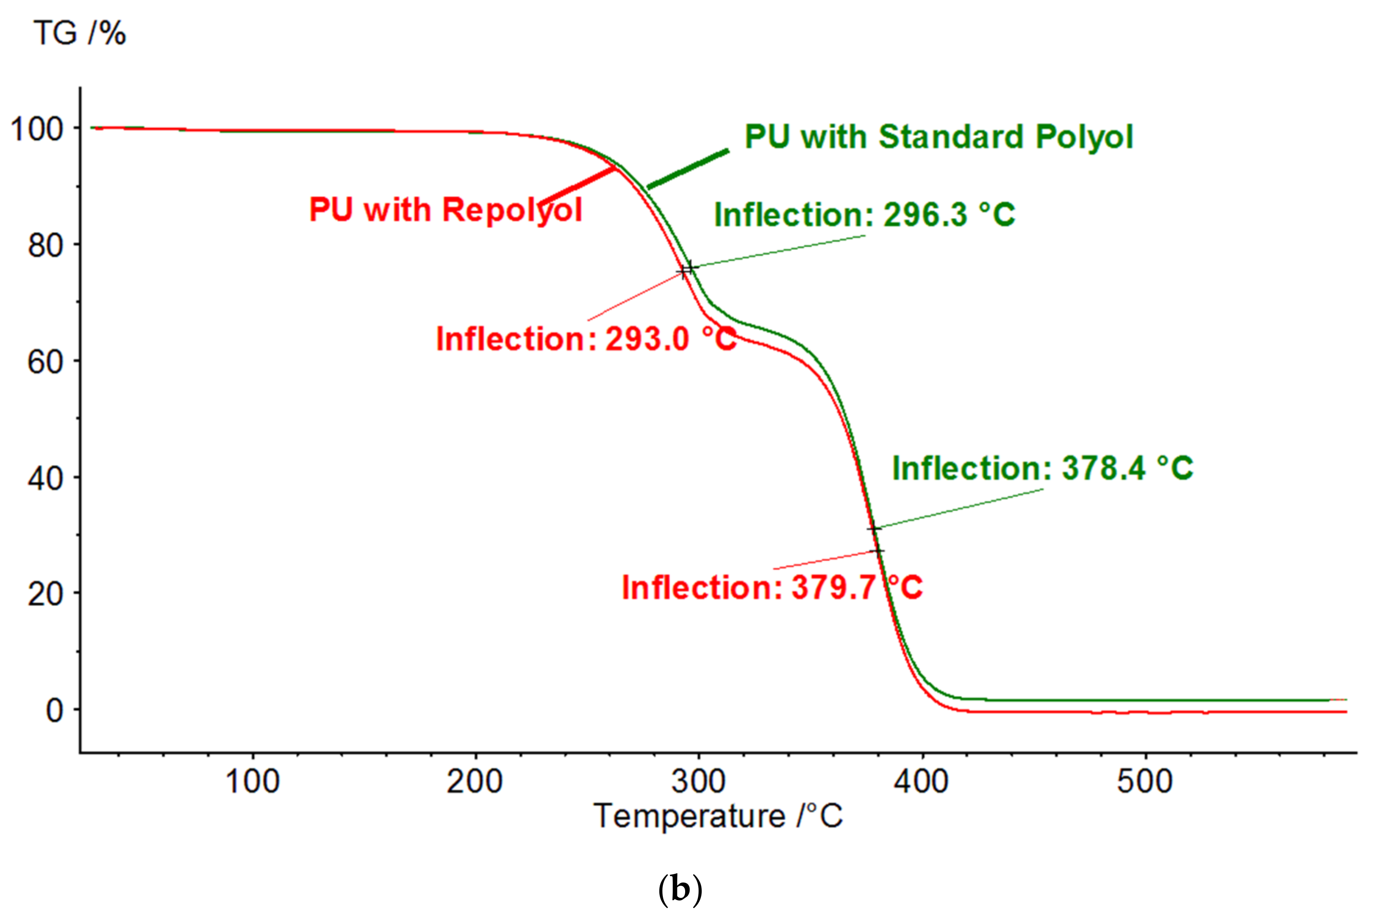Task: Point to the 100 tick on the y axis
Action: pos(36,129)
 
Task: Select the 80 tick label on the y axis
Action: pos(45,246)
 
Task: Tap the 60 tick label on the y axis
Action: pos(45,362)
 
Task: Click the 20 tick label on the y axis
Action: pos(45,594)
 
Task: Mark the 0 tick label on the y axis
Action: pos(54,711)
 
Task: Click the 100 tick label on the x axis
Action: pos(253,781)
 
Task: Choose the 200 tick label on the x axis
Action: pos(475,781)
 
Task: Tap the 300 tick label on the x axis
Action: pos(698,781)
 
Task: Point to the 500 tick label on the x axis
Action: pos(1145,781)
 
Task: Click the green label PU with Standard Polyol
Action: pos(939,137)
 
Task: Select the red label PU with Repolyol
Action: pos(445,210)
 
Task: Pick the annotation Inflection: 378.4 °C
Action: pos(1042,468)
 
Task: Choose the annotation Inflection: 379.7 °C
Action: pos(772,587)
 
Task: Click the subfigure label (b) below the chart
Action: pos(680,890)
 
